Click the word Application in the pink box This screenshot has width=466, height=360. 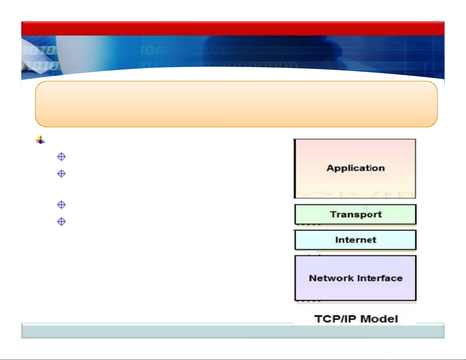pos(355,168)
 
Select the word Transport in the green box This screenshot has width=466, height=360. pos(356,215)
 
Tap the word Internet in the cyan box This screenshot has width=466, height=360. pos(356,240)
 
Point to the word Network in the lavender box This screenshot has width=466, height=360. pos(332,278)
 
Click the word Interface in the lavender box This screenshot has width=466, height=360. pos(380,278)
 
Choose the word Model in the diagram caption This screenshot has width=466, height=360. pos(379,319)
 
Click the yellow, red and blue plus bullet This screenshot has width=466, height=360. pos(40,140)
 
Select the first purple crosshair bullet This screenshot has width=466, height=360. pos(61,157)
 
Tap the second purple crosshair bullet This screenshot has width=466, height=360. pos(61,174)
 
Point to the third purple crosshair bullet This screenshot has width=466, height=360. pos(61,205)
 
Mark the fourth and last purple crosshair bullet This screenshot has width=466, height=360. pos(61,222)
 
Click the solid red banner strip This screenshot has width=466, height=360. pos(233,28)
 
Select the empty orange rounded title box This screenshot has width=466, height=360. pos(236,104)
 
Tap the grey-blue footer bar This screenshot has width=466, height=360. pos(233,331)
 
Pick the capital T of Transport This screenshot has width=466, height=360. pos(334,214)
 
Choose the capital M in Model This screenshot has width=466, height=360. pos(365,319)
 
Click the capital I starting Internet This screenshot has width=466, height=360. pos(337,240)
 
